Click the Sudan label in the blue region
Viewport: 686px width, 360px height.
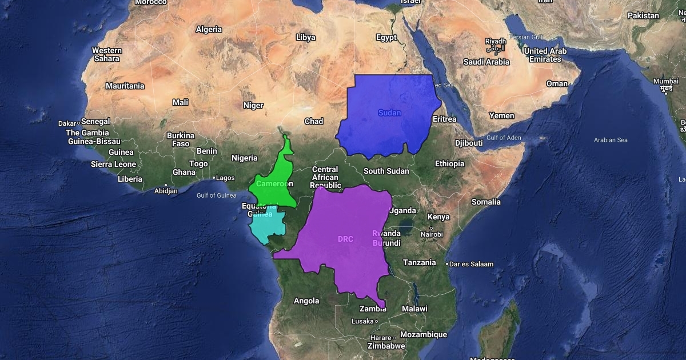pyautogui.click(x=389, y=113)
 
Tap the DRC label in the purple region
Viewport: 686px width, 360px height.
pyautogui.click(x=345, y=239)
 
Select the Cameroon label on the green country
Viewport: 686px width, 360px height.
pyautogui.click(x=274, y=184)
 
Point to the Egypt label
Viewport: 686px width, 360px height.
pyautogui.click(x=386, y=38)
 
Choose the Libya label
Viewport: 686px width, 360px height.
pyautogui.click(x=306, y=38)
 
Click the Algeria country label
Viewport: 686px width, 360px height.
pyautogui.click(x=209, y=29)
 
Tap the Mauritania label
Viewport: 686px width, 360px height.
pyautogui.click(x=125, y=86)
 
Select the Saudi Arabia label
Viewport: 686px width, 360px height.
pyautogui.click(x=486, y=62)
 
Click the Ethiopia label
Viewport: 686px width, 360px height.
pyautogui.click(x=449, y=164)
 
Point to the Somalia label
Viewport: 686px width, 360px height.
pyautogui.click(x=486, y=202)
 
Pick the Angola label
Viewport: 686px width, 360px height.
pyautogui.click(x=306, y=301)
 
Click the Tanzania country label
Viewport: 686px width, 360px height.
pyautogui.click(x=420, y=263)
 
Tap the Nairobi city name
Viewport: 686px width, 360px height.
pyautogui.click(x=432, y=234)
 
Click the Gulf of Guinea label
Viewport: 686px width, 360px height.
pyautogui.click(x=216, y=195)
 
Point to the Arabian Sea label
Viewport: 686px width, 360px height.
pyautogui.click(x=611, y=140)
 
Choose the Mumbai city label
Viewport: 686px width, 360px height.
pyautogui.click(x=666, y=81)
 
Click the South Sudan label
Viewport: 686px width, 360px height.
pyautogui.click(x=386, y=171)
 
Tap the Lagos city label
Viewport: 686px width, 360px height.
pyautogui.click(x=225, y=178)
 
